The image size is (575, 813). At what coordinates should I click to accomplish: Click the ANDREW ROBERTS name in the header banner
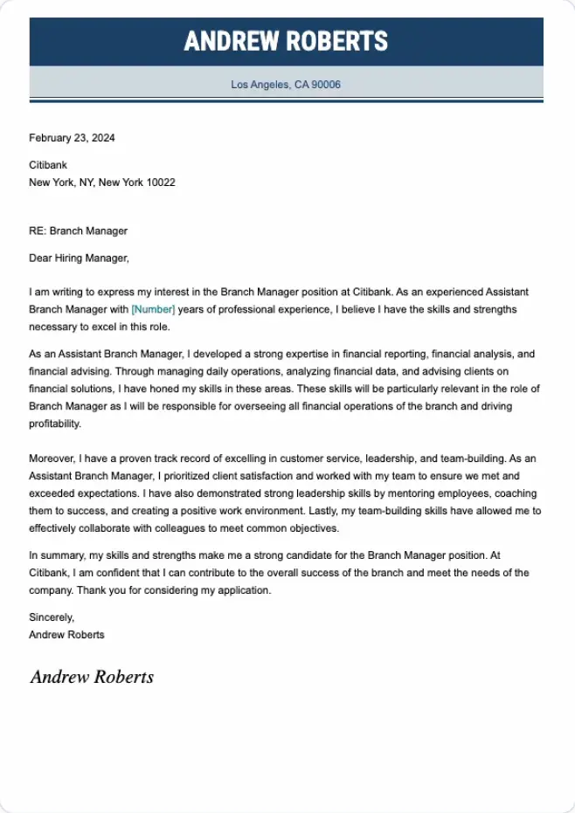(x=286, y=41)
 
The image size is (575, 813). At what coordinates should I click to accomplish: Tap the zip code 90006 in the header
(x=325, y=85)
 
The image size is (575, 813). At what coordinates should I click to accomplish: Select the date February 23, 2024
(x=72, y=138)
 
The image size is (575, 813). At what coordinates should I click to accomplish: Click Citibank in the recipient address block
(x=47, y=164)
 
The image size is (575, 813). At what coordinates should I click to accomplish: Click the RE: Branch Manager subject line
(x=78, y=231)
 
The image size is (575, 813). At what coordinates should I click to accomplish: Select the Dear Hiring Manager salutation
(x=79, y=258)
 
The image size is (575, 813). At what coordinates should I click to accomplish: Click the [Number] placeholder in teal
(x=153, y=309)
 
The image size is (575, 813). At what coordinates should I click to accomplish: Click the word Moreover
(x=52, y=458)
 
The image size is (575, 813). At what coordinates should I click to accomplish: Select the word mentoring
(x=413, y=493)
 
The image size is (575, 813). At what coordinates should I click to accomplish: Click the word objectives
(x=312, y=528)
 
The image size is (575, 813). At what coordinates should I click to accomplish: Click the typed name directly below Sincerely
(x=66, y=635)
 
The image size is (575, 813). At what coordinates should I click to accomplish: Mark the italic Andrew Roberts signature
(x=92, y=677)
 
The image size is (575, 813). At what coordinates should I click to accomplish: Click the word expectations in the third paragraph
(x=95, y=493)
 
